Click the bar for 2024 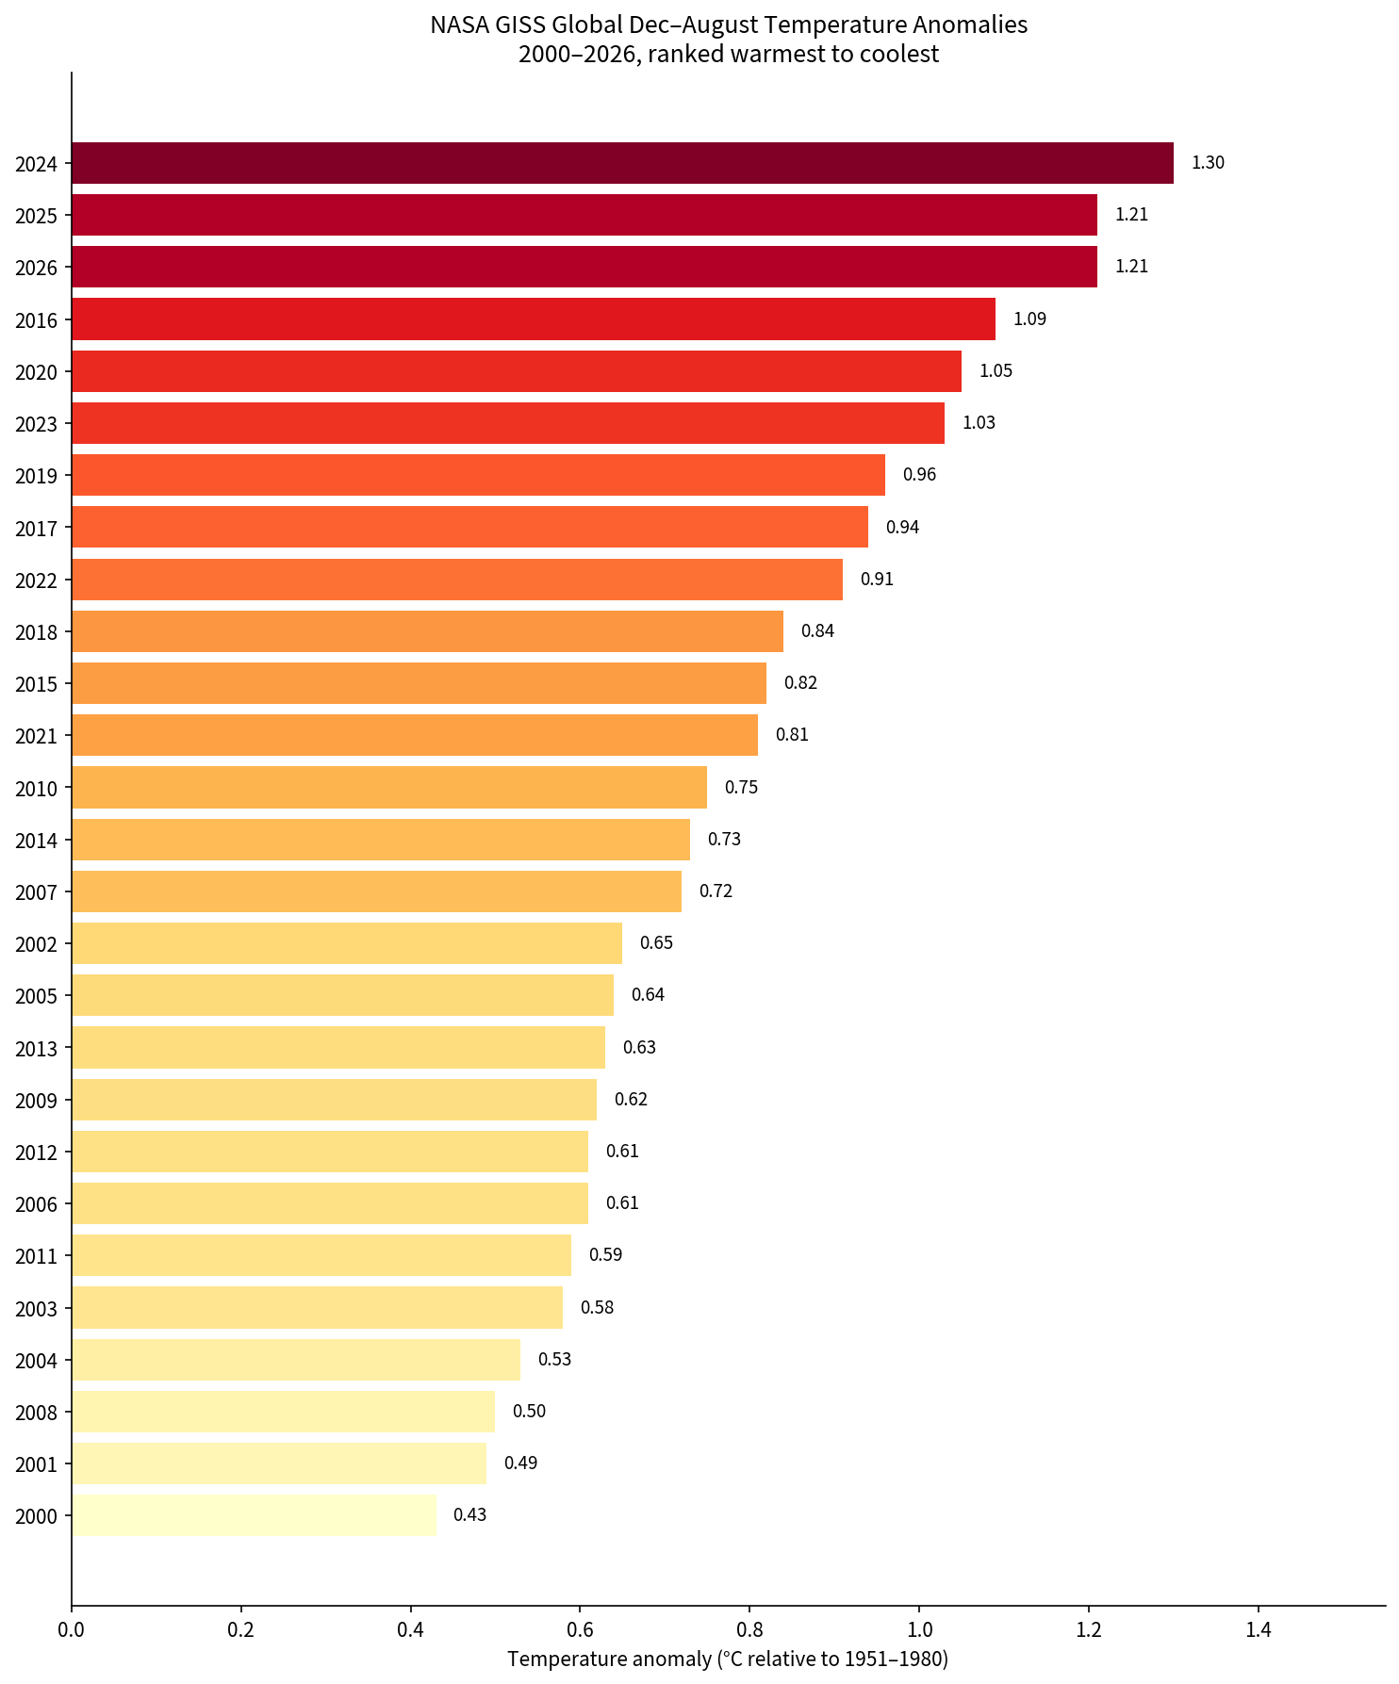point(622,163)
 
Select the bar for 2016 point(534,319)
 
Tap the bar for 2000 point(254,1514)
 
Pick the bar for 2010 point(389,787)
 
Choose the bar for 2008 point(283,1411)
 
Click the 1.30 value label point(1208,163)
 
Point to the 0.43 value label point(469,1514)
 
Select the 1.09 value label point(1029,319)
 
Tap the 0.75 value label point(741,787)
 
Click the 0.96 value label point(919,474)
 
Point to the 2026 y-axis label point(37,268)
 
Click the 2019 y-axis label point(37,476)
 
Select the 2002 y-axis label point(37,944)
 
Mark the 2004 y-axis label point(37,1361)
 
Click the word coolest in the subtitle point(905,54)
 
